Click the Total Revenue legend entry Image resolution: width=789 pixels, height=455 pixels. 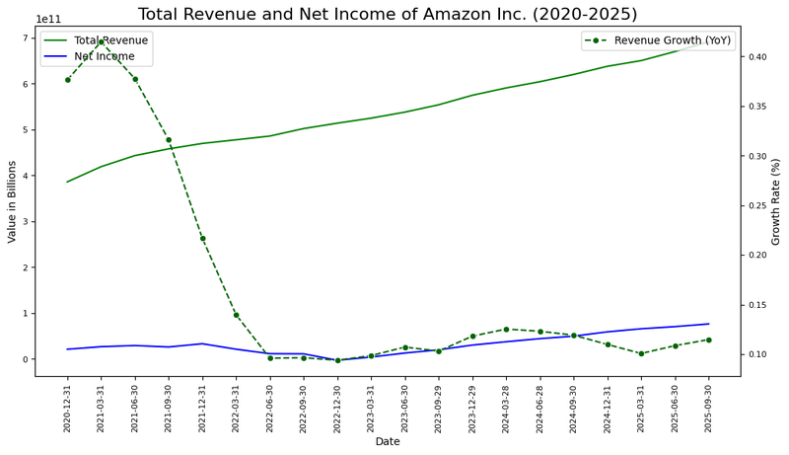click(110, 40)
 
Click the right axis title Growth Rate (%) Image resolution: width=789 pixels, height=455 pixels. click(776, 201)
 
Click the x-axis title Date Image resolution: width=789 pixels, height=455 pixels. click(388, 441)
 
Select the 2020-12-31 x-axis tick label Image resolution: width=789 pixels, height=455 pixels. click(68, 406)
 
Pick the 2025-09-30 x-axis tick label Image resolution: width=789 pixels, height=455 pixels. click(709, 406)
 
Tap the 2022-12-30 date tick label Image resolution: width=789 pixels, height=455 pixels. click(337, 406)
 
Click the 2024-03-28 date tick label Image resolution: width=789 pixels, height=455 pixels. click(506, 406)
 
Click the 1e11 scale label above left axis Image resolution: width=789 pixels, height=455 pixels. click(49, 19)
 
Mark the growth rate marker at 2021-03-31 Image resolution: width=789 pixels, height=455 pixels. click(101, 41)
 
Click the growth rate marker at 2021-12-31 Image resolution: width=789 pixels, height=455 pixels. click(202, 238)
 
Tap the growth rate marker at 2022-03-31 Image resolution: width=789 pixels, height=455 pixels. click(236, 315)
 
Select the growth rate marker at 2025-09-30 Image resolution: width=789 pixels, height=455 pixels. click(708, 340)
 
